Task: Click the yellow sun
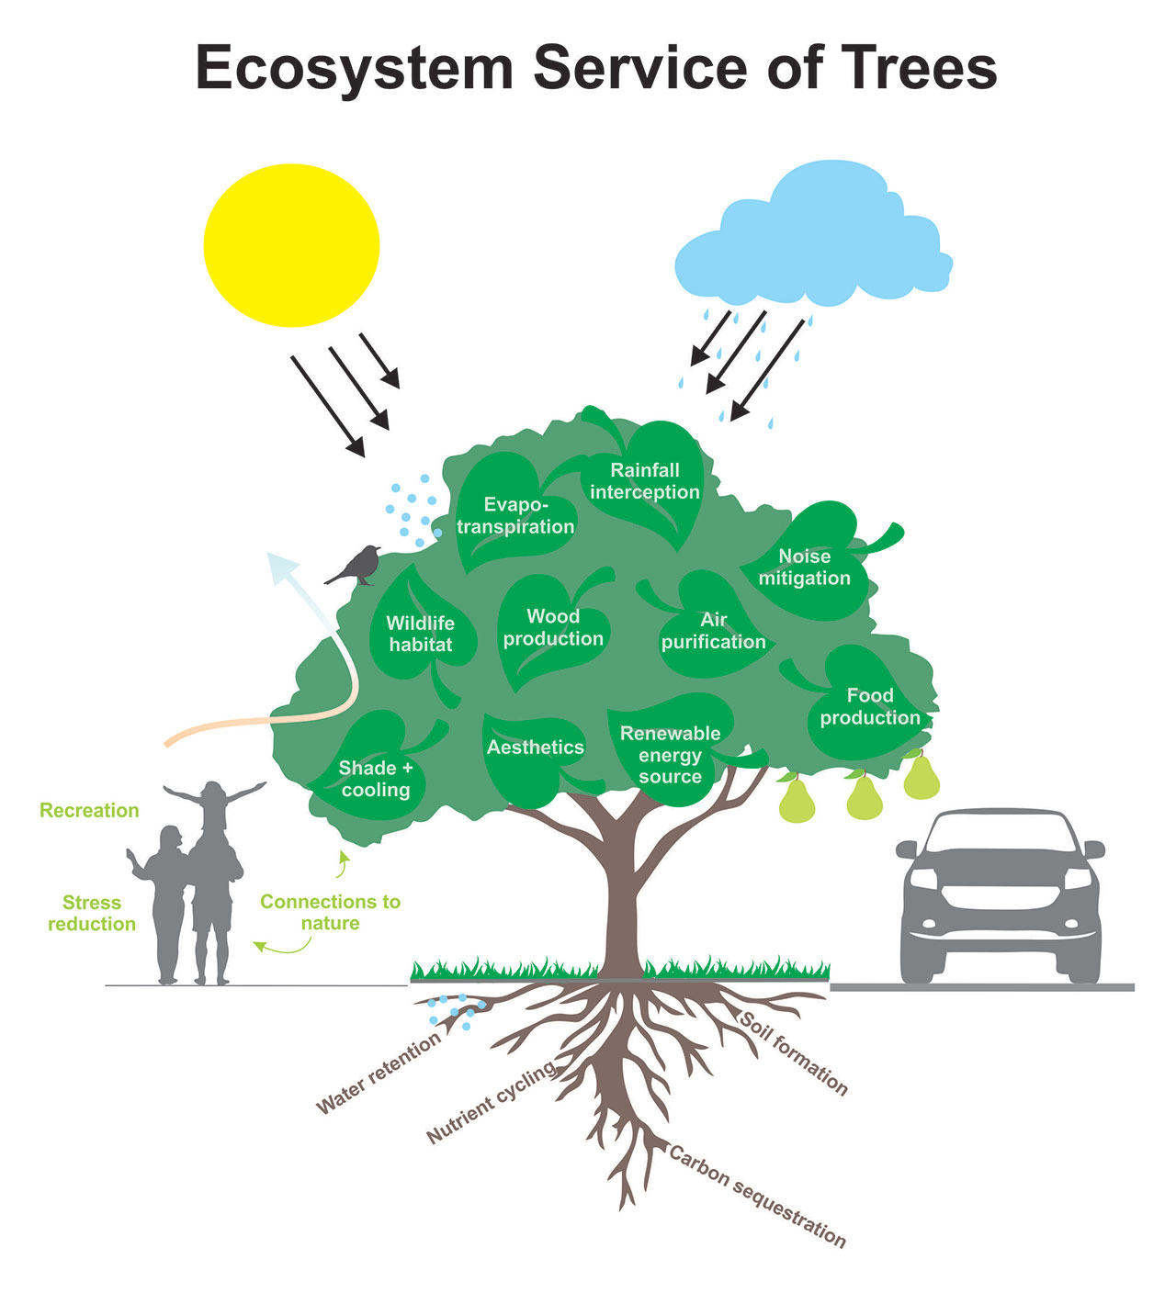click(291, 245)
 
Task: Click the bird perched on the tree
click(354, 566)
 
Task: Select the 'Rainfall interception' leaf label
click(644, 481)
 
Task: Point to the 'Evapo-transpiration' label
click(515, 515)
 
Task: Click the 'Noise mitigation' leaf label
click(805, 567)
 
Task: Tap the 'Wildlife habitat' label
click(421, 633)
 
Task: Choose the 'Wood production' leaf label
click(553, 626)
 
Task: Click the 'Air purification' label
click(714, 630)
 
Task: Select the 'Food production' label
click(870, 706)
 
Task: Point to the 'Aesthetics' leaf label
click(536, 747)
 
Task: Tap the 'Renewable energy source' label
click(671, 754)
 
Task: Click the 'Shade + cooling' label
click(376, 779)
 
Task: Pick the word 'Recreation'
click(90, 810)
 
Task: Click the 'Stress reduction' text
click(92, 913)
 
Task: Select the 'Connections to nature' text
click(330, 912)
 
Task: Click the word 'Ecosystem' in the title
click(355, 68)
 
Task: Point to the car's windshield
click(1001, 833)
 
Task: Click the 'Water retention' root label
click(379, 1073)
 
